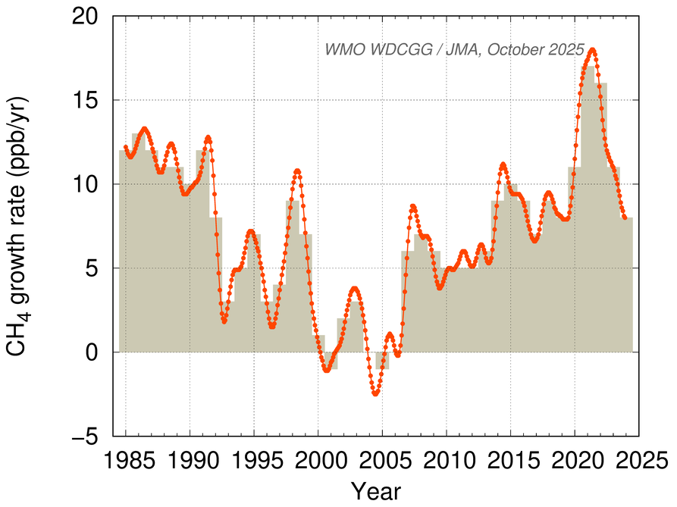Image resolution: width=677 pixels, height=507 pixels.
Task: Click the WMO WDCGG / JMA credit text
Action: [455, 50]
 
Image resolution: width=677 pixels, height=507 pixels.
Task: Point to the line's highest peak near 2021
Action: [592, 50]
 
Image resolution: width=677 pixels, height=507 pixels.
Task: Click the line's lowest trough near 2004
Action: [375, 394]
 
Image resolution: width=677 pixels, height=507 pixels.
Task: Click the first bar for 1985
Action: [125, 251]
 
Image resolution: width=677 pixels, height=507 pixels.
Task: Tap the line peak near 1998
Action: [297, 171]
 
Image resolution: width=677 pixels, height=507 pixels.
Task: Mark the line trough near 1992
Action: [224, 322]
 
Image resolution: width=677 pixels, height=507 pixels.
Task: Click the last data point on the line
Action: [625, 218]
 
